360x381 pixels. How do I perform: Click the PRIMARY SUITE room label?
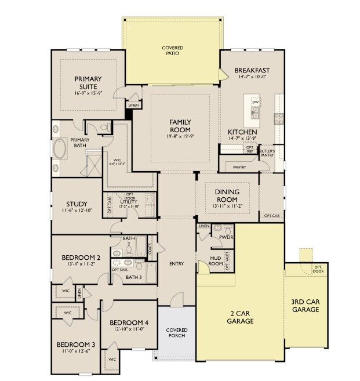pyautogui.click(x=88, y=82)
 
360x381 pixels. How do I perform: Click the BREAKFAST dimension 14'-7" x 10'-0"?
pyautogui.click(x=252, y=78)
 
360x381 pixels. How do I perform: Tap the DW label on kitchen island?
pyautogui.click(x=254, y=102)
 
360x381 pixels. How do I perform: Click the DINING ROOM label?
pyautogui.click(x=227, y=195)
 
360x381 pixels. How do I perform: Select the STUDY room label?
pyautogui.click(x=77, y=204)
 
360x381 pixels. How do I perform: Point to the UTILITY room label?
pyautogui.click(x=129, y=200)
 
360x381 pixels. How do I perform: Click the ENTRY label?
pyautogui.click(x=176, y=264)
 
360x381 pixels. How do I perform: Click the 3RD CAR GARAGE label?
pyautogui.click(x=306, y=306)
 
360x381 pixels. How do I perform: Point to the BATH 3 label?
pyautogui.click(x=133, y=277)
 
